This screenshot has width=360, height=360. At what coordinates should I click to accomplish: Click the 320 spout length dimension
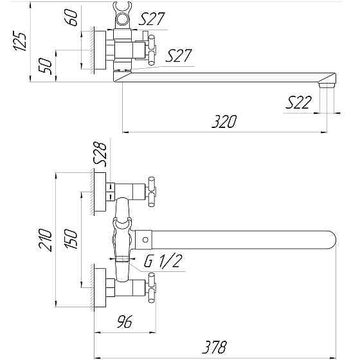click(x=225, y=121)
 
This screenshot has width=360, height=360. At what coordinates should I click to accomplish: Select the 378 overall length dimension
click(x=213, y=347)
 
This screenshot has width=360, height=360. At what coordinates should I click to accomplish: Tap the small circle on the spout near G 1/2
click(x=146, y=241)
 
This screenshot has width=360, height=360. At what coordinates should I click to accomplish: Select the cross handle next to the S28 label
click(x=152, y=188)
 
